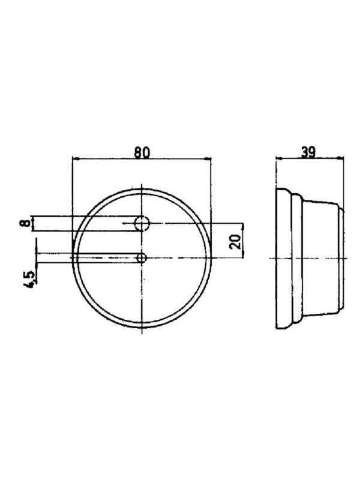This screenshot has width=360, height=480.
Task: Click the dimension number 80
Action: tap(142, 152)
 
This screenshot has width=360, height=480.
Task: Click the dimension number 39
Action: tap(308, 152)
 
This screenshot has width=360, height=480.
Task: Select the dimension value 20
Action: tap(235, 242)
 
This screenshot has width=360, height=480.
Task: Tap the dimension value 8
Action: tap(26, 223)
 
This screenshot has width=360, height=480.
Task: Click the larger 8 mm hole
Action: tap(142, 223)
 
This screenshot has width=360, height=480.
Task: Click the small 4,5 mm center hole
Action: tap(142, 258)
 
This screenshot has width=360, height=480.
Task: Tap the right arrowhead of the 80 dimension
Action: tap(208, 159)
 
